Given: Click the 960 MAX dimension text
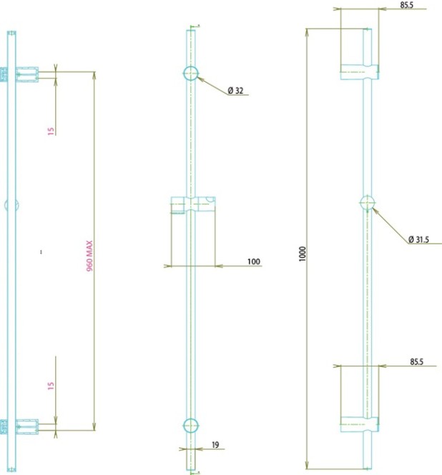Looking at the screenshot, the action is pos(90,256).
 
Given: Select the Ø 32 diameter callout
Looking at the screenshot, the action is pos(235,91).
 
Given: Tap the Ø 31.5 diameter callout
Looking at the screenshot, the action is pos(418,239).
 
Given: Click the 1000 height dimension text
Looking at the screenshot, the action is pos(303,254).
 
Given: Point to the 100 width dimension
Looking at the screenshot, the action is pos(254,261).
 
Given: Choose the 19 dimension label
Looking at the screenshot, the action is pos(215,445).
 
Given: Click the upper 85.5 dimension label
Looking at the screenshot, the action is pos(406,5).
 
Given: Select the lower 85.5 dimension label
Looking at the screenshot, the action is pos(416,361).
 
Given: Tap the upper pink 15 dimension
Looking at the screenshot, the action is pos(51,131).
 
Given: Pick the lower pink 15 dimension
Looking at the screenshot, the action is pos(51,386).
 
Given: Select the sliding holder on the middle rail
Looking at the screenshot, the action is pos(193,204).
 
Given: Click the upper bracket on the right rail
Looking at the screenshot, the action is pos(360,72).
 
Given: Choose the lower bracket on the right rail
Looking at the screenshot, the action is pos(360,424).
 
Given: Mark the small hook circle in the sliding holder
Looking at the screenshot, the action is pos(210,199).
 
